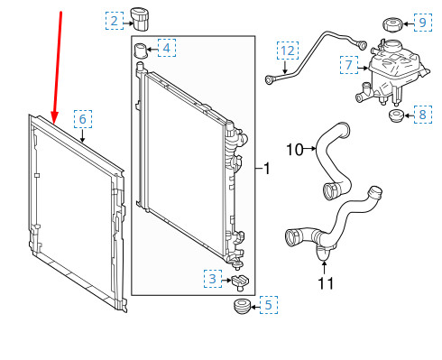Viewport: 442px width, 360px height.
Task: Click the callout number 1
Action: pyautogui.click(x=267, y=168)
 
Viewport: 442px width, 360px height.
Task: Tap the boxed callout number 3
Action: pyautogui.click(x=212, y=281)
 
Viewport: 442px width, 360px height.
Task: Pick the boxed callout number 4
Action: pyautogui.click(x=169, y=46)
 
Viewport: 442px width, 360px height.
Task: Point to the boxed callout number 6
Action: pyautogui.click(x=82, y=118)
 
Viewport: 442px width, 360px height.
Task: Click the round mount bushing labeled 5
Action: pyautogui.click(x=241, y=309)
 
